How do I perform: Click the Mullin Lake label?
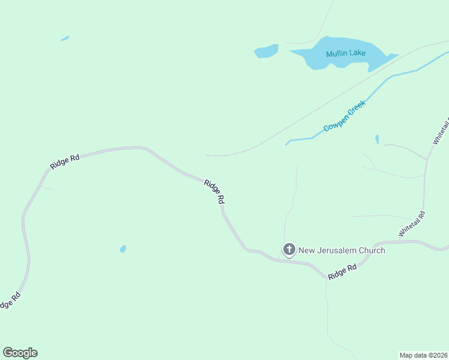(346, 53)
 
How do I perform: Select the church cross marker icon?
(289, 250)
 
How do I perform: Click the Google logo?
(20, 353)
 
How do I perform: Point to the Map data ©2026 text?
(424, 355)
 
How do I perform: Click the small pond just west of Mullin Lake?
(266, 51)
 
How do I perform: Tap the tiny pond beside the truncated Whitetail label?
(377, 139)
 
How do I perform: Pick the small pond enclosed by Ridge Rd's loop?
(123, 248)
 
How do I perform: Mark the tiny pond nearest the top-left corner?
(65, 39)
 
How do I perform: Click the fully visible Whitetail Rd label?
(412, 223)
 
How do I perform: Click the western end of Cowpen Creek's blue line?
(287, 144)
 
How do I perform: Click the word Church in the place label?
(370, 250)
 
